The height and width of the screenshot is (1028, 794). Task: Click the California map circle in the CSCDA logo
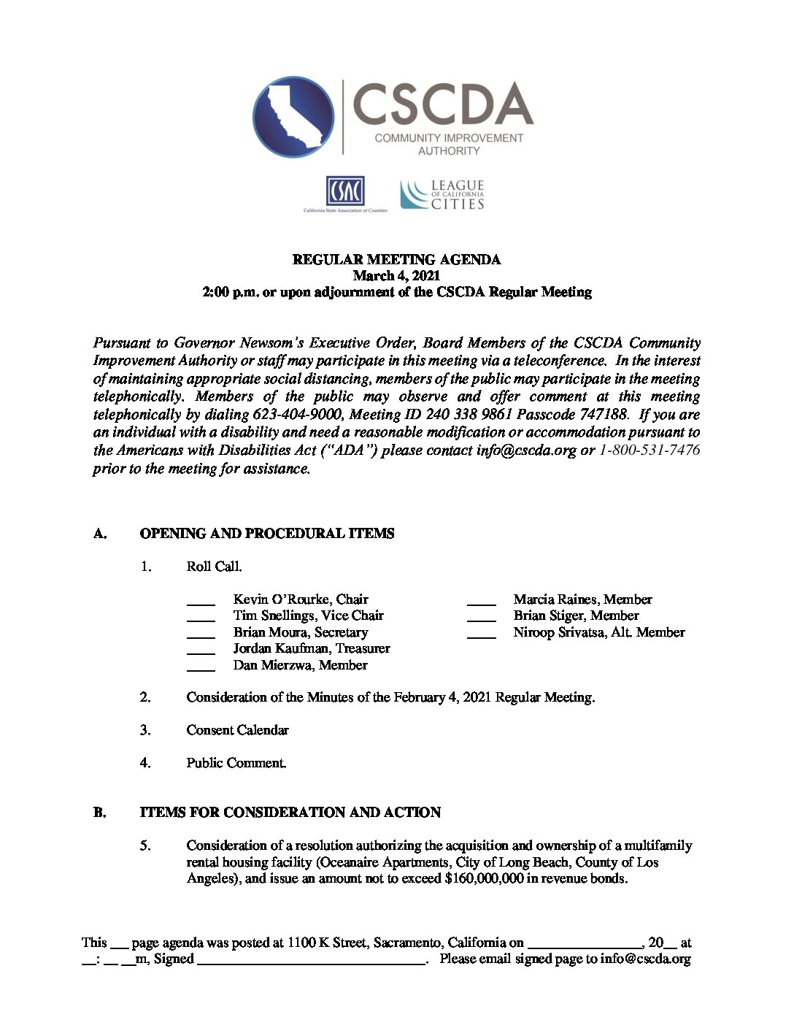(x=293, y=117)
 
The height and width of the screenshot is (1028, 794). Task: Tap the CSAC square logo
(x=345, y=191)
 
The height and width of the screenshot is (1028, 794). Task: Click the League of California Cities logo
(x=442, y=195)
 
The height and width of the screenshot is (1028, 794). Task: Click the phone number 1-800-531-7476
(x=649, y=450)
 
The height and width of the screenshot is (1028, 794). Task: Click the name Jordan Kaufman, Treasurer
(x=311, y=648)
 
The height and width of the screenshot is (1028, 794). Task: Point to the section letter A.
(x=100, y=534)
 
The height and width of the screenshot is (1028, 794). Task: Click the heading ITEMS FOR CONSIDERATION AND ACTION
(x=290, y=813)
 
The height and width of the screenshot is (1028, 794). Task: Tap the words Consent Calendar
(x=237, y=730)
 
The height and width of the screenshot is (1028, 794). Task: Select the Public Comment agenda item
(x=236, y=763)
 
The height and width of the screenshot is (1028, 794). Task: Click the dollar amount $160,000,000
(x=483, y=878)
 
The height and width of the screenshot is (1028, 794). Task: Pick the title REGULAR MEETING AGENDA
(x=396, y=260)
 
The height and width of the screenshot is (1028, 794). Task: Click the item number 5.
(x=145, y=845)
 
